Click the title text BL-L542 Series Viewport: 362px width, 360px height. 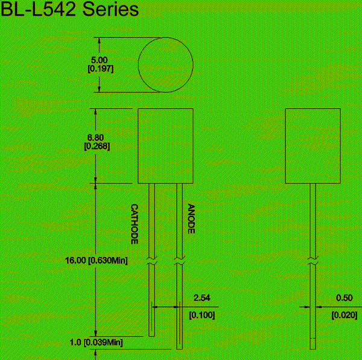tap(69, 9)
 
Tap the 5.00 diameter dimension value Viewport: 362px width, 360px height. tap(100, 60)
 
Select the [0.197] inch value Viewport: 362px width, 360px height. tap(101, 69)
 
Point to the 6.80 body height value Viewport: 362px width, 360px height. tap(95, 137)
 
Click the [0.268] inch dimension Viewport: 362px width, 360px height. tap(97, 146)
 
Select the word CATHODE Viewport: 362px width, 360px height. tap(135, 224)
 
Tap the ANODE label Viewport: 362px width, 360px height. tap(191, 219)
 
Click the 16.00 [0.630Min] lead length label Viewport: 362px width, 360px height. tap(97, 261)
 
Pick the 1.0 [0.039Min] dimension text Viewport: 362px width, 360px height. tap(97, 343)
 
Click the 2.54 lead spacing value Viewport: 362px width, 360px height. tap(202, 298)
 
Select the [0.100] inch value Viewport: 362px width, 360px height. tap(202, 315)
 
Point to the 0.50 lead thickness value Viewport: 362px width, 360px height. tap(345, 298)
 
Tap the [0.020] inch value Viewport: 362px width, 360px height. tap(345, 315)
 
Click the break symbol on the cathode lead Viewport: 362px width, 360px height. tap(151, 261)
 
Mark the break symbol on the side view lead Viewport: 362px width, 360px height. tap(313, 261)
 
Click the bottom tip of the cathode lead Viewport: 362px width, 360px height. tap(151, 336)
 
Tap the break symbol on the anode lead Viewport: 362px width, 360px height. tap(179, 261)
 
